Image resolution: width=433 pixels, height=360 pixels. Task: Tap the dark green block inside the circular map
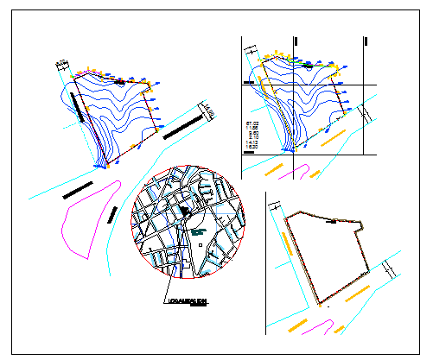[197, 231]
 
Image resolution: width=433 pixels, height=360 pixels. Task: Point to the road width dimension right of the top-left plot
[208, 111]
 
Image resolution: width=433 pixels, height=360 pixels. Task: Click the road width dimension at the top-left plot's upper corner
[62, 65]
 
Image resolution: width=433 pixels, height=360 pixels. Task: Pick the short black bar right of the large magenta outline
[112, 214]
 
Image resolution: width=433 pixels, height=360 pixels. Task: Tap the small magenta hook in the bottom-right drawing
[328, 327]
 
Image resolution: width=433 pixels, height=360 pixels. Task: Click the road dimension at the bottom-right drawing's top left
[274, 210]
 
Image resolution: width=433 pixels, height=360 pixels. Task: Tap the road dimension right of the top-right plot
[365, 112]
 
